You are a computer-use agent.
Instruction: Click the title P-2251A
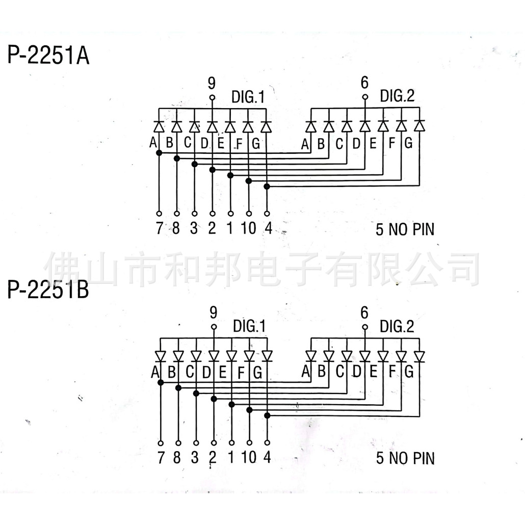(48, 56)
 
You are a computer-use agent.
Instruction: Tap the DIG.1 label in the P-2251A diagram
(248, 96)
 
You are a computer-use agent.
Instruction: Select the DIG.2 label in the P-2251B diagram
(398, 325)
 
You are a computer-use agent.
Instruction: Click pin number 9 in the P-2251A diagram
(212, 83)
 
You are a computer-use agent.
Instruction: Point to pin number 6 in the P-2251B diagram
(364, 312)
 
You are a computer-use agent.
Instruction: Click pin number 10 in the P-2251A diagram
(249, 229)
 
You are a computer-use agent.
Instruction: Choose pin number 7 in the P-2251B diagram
(161, 458)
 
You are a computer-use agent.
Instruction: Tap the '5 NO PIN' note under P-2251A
(405, 230)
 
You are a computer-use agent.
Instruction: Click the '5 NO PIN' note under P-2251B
(405, 458)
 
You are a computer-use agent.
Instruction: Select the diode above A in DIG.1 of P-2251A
(159, 126)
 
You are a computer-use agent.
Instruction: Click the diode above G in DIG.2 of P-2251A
(419, 125)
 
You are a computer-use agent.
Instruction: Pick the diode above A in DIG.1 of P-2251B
(160, 355)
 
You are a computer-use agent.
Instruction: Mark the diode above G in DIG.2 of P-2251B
(419, 355)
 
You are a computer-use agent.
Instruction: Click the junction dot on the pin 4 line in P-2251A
(267, 187)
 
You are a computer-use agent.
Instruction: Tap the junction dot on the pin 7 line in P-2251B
(161, 382)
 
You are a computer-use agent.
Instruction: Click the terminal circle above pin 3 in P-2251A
(194, 214)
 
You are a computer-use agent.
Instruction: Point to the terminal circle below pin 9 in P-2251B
(214, 327)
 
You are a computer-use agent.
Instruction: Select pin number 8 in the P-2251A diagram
(176, 229)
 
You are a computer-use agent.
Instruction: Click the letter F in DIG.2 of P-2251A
(391, 143)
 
